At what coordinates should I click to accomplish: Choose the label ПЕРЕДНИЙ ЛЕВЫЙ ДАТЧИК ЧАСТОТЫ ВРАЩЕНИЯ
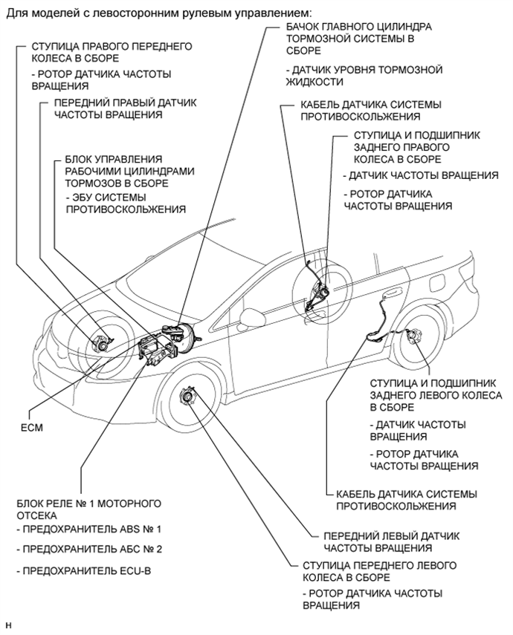393,541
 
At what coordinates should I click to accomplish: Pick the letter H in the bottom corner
8,625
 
